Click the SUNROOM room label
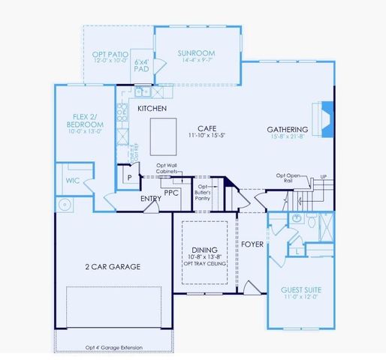click(196, 54)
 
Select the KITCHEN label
click(152, 109)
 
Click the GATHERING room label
click(288, 130)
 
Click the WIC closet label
click(73, 180)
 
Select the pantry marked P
click(130, 177)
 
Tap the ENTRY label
click(151, 199)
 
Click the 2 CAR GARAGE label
click(113, 266)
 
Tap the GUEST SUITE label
click(300, 289)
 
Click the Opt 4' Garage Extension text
click(113, 347)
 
